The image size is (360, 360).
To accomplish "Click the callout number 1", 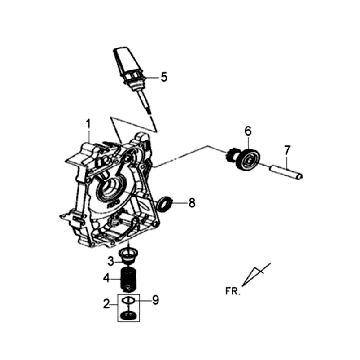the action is click(88, 125).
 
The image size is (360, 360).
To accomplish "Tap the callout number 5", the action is click(164, 77).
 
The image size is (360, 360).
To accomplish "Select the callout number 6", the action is click(248, 131).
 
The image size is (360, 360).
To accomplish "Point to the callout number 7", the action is click(287, 150).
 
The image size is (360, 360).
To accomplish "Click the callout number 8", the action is click(192, 203).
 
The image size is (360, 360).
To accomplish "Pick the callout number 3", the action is click(111, 262).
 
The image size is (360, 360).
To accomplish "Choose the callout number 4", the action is click(106, 278).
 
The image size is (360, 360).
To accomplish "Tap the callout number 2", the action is click(106, 304).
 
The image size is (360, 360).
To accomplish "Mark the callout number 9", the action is click(155, 300).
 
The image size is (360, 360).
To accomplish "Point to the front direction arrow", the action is click(256, 274).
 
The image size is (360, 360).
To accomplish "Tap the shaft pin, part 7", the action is click(286, 171).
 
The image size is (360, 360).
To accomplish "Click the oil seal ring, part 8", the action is click(165, 204).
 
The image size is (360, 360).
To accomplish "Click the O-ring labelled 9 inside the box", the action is click(128, 301).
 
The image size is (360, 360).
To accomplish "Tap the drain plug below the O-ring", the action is click(129, 315).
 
